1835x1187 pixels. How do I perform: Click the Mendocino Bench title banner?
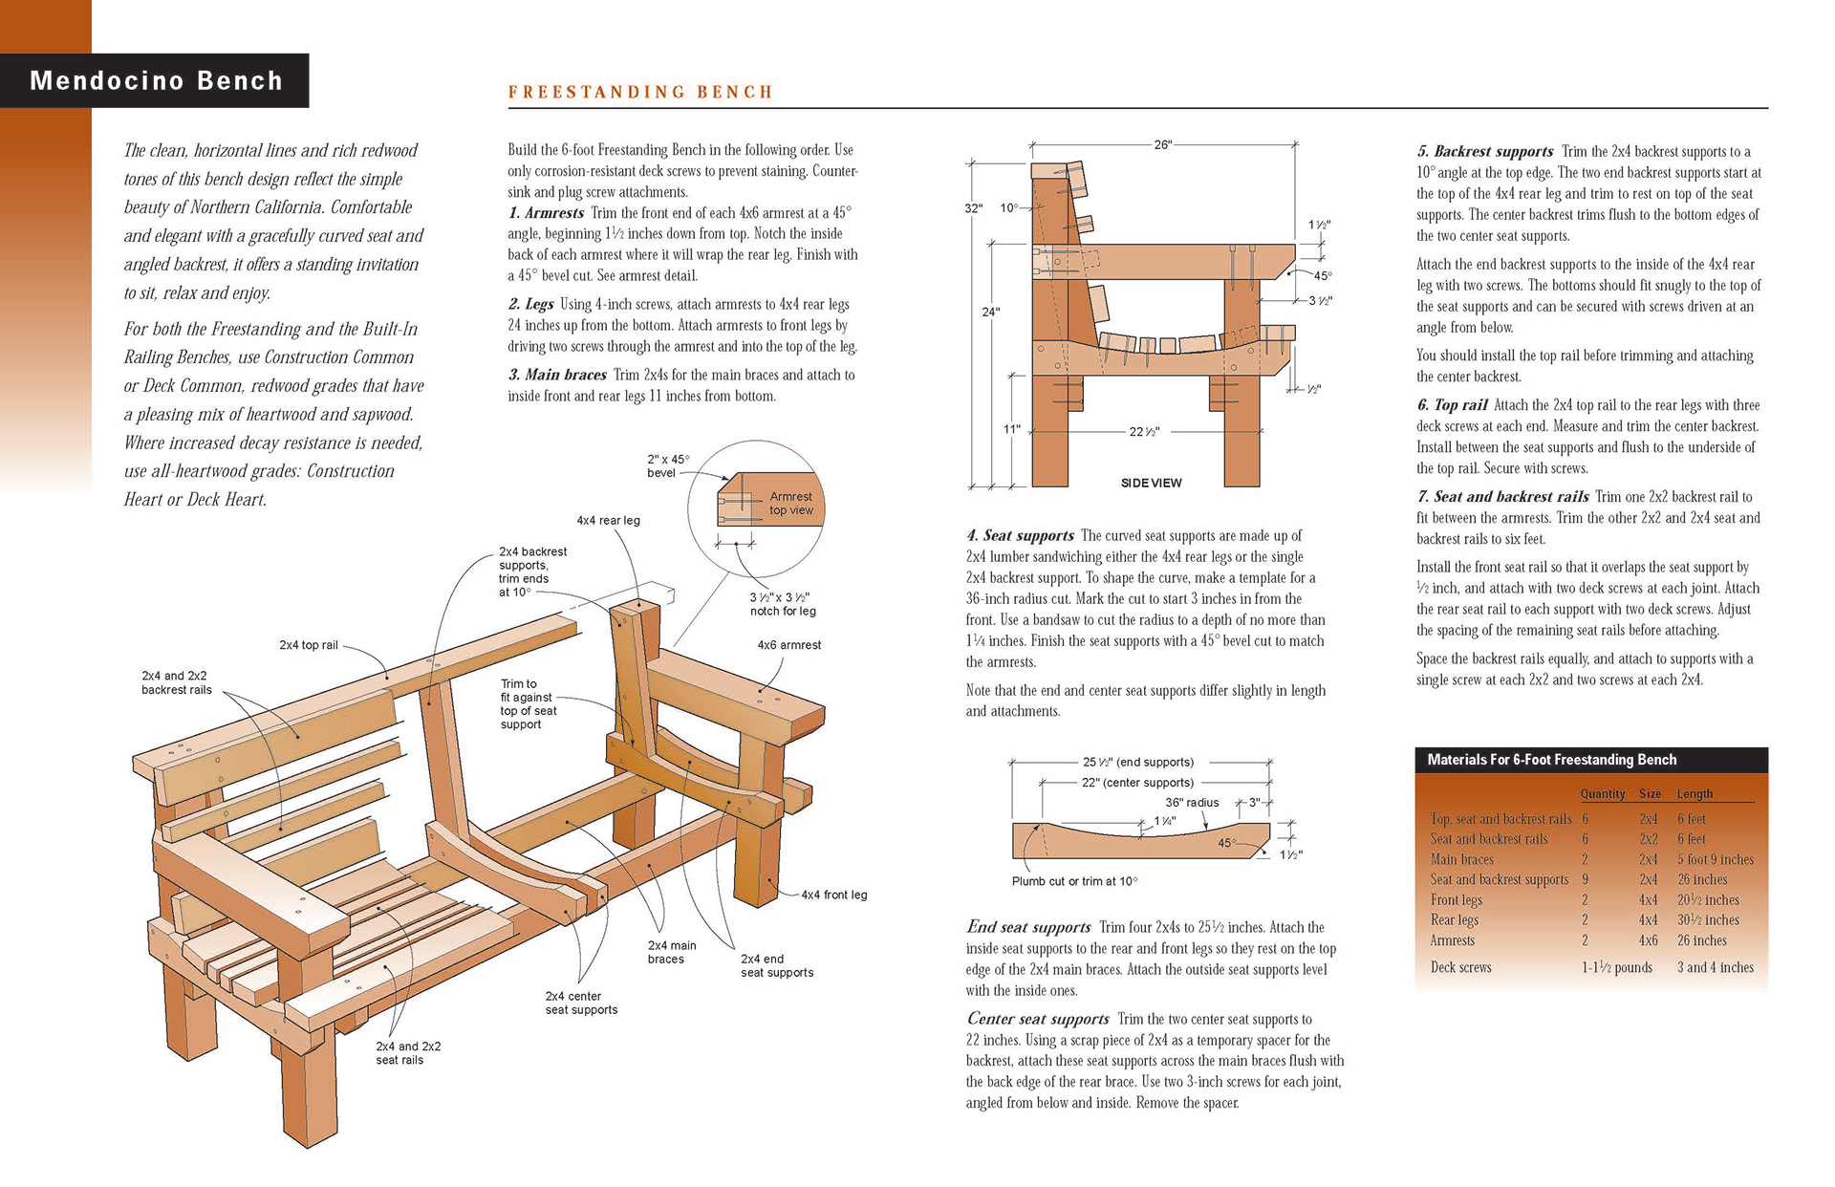point(156,80)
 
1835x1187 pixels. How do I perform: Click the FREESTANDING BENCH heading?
point(639,93)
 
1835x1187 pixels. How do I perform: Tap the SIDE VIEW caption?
point(1151,483)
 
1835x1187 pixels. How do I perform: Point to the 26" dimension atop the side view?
point(1162,144)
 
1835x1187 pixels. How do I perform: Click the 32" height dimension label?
point(973,208)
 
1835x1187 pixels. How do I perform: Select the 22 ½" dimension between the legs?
point(1144,432)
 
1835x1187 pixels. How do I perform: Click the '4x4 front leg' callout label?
point(833,895)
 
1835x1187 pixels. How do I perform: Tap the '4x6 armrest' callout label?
point(788,645)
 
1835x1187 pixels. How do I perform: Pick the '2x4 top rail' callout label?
point(308,645)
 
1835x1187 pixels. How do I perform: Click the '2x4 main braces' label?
point(671,952)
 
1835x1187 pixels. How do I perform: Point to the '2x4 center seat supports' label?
point(581,1003)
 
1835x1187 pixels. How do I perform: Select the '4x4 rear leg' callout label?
point(608,521)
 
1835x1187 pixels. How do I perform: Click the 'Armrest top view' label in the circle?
point(790,503)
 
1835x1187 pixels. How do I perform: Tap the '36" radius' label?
point(1191,803)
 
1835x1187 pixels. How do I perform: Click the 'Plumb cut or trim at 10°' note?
point(1074,881)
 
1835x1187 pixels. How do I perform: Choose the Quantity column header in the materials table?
point(1602,794)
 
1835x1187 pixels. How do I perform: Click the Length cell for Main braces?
point(1715,859)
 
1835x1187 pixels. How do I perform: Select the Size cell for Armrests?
point(1648,940)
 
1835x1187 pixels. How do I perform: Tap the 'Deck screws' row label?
point(1460,967)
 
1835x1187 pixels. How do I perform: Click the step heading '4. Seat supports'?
point(1020,536)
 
